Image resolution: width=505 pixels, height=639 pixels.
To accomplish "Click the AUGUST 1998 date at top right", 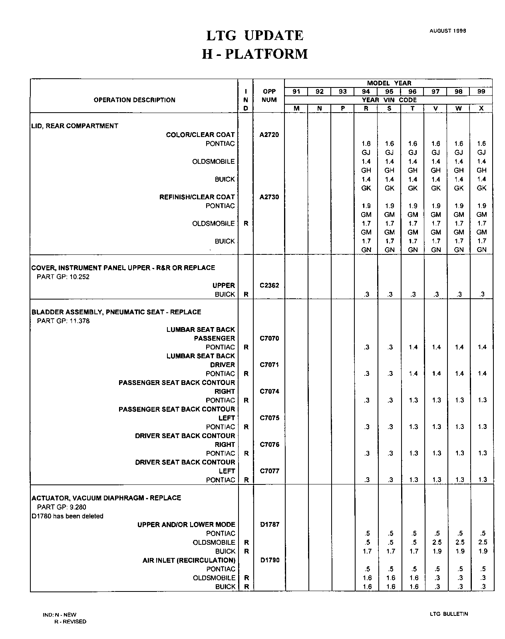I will click(447, 31).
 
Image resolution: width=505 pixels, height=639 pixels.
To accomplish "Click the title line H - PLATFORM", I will click(255, 54).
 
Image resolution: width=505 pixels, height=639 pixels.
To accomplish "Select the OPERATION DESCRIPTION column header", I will click(134, 100).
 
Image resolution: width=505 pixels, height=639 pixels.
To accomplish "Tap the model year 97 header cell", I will click(435, 91).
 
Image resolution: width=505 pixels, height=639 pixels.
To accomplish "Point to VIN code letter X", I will click(481, 109).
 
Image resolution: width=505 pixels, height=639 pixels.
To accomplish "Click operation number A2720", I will click(269, 135).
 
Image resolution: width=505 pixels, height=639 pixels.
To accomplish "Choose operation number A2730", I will click(269, 197).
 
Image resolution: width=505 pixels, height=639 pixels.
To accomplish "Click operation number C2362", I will click(269, 286).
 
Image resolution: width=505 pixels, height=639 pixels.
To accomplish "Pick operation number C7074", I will click(269, 391).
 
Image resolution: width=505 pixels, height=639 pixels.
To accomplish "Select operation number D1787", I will click(269, 524).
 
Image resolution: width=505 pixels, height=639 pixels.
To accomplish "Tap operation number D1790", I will click(269, 560).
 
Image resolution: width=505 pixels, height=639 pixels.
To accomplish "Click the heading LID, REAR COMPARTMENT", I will click(75, 126).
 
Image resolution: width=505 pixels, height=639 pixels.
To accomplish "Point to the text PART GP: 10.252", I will click(63, 277).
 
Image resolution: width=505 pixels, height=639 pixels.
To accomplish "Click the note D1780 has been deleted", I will click(68, 516).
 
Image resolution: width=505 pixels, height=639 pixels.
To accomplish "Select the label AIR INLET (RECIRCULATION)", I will click(189, 560).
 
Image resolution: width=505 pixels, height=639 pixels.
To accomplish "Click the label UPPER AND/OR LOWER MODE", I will click(186, 524).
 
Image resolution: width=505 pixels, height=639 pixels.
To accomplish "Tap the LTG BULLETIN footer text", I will click(446, 614).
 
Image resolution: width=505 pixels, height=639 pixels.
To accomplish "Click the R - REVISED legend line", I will click(70, 621).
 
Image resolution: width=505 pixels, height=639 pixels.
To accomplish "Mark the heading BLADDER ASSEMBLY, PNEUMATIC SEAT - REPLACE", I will click(116, 312).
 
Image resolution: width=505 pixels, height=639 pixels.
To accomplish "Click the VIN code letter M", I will click(296, 109).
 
